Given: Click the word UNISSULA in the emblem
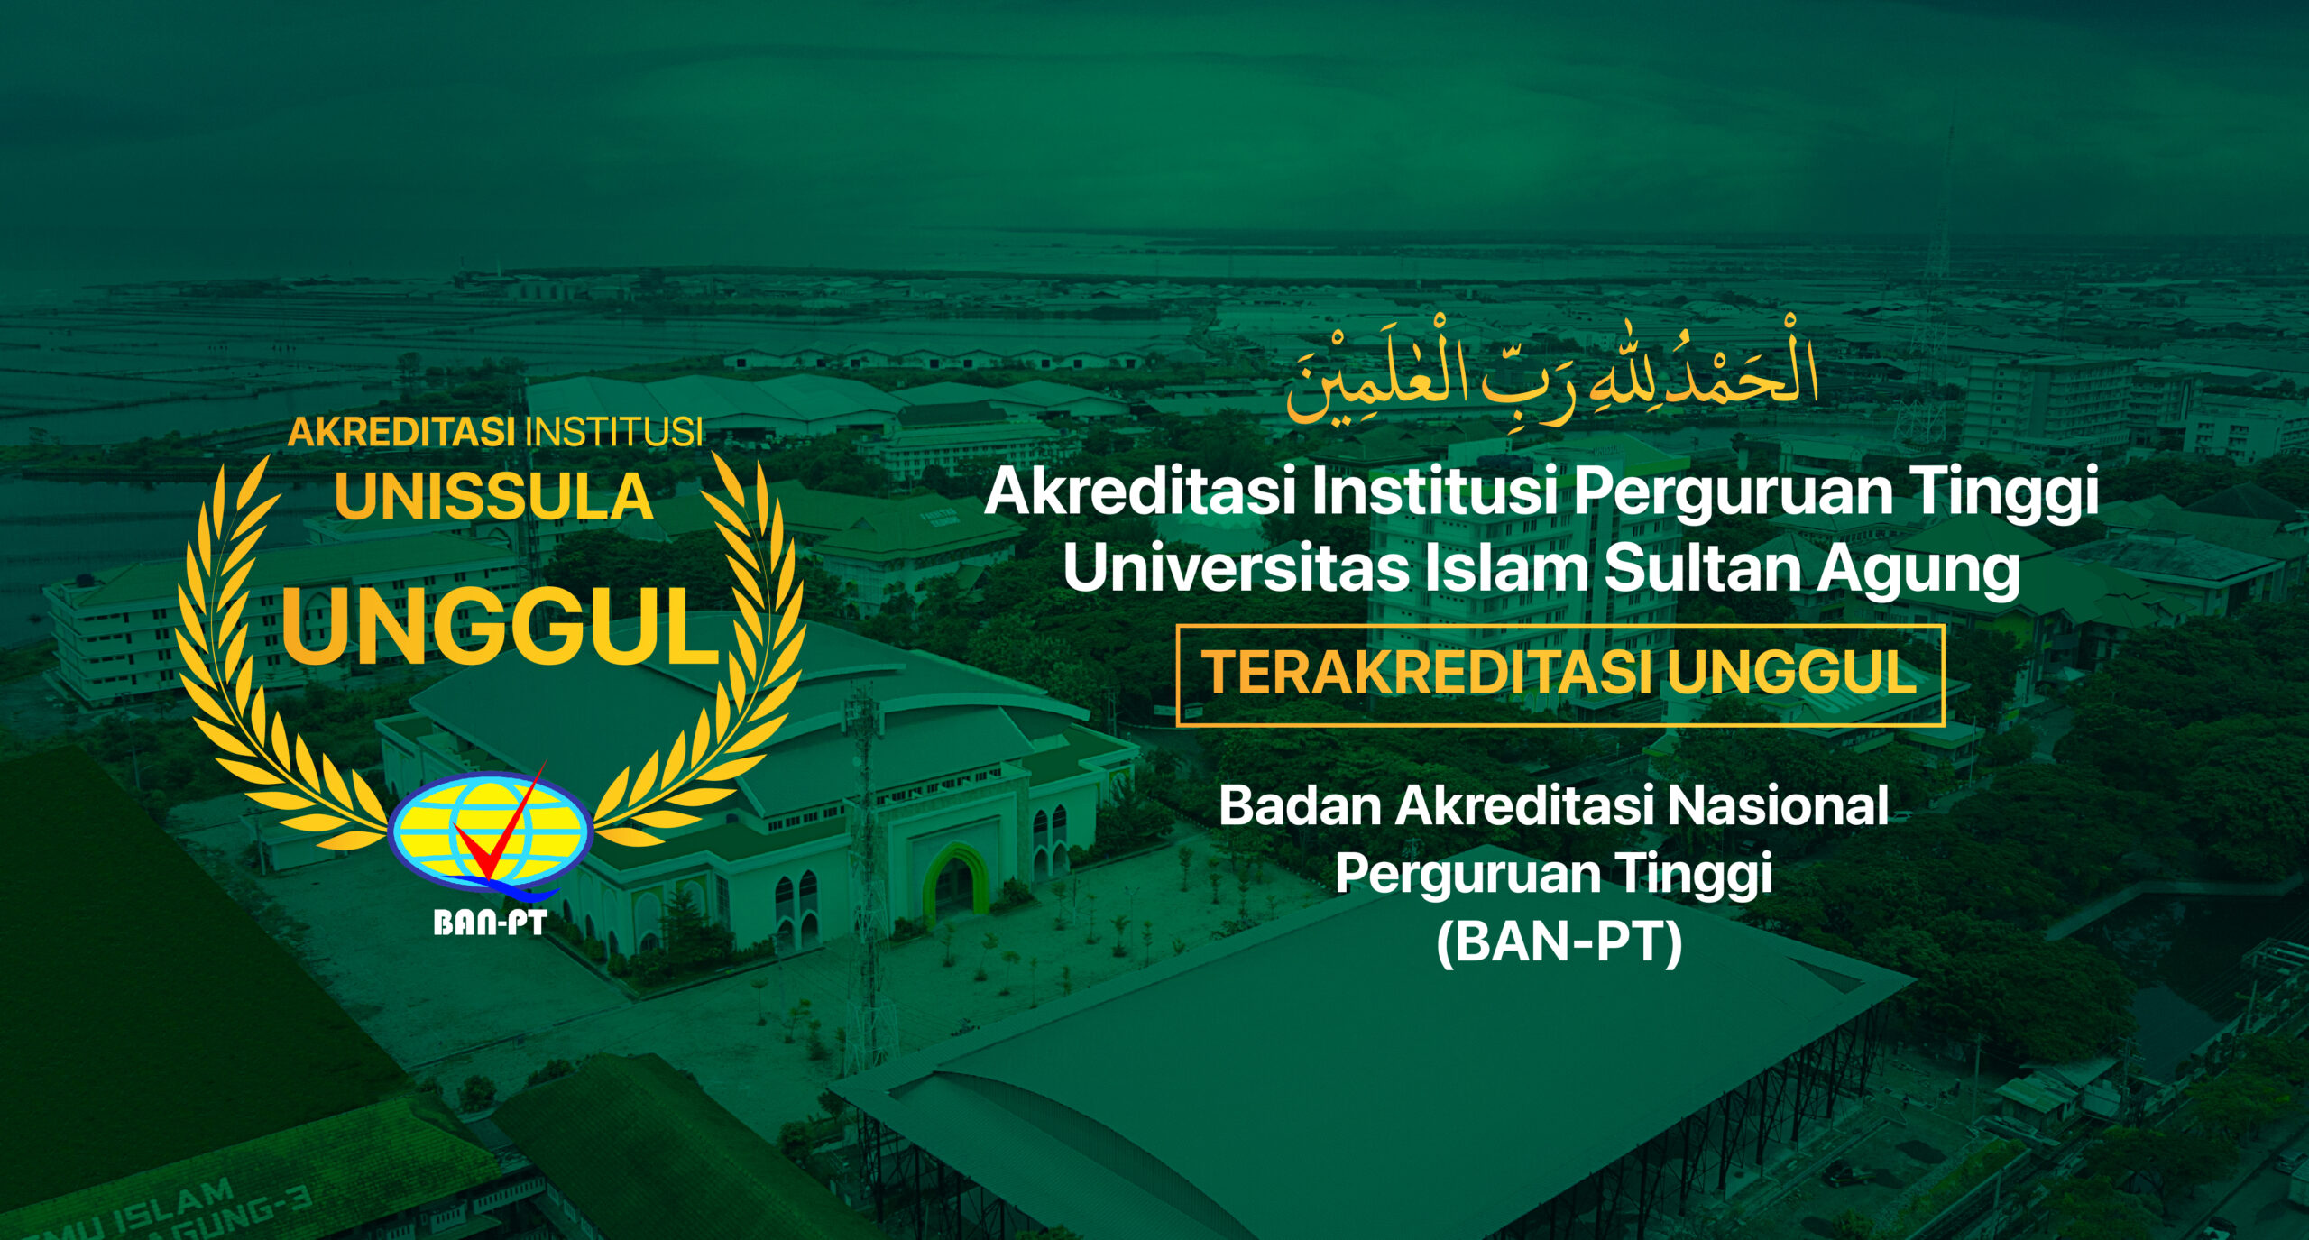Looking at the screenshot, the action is coord(493,497).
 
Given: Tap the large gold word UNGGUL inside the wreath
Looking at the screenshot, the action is coord(501,626).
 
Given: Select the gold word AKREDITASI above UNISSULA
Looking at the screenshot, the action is coord(401,432).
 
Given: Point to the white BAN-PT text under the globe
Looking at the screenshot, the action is coord(490,923).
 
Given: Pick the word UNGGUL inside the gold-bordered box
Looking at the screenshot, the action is coord(1792,673).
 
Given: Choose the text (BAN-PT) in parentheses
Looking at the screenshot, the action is coord(1559,943).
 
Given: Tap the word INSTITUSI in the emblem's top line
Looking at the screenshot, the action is coord(614,432).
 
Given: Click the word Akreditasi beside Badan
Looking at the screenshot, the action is coord(1524,805).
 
